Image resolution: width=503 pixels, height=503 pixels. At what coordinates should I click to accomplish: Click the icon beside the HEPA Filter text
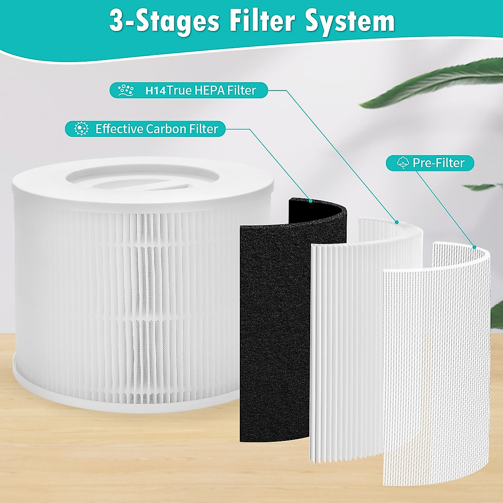pos(126,90)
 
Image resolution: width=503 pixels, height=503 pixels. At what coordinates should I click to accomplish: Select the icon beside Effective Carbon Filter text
pos(81,129)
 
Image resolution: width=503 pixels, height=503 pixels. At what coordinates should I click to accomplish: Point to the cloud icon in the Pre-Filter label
pos(402,163)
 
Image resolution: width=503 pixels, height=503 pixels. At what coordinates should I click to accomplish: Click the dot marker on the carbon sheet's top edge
pos(310,201)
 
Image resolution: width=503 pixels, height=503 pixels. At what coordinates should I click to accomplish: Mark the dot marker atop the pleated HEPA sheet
pos(397,222)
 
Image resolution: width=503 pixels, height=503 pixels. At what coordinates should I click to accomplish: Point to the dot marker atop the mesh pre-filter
pos(474,247)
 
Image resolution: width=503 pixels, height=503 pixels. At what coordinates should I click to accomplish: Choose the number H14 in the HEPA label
pos(156,91)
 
